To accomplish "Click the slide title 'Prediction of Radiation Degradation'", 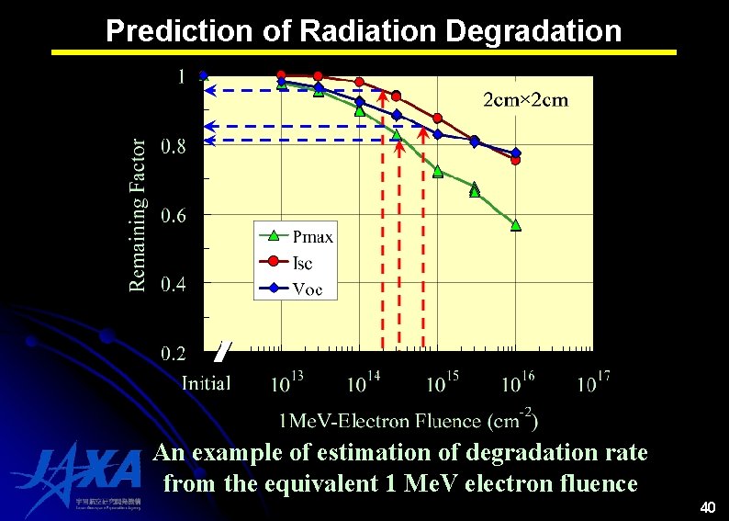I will point(364,31).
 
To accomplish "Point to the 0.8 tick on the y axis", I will point(173,146).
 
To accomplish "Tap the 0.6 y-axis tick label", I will point(173,215).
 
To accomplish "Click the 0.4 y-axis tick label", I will point(173,284).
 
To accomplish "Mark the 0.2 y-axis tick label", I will point(173,353).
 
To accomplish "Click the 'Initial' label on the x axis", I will point(206,383).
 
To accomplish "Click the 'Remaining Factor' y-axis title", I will point(138,215).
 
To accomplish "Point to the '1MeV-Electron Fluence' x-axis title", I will point(408,421).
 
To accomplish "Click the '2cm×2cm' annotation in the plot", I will point(525,100).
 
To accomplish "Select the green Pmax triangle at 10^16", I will point(516,225).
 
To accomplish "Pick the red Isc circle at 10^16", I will point(516,160).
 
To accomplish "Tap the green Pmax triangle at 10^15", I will point(438,172).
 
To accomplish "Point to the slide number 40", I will point(707,507).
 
